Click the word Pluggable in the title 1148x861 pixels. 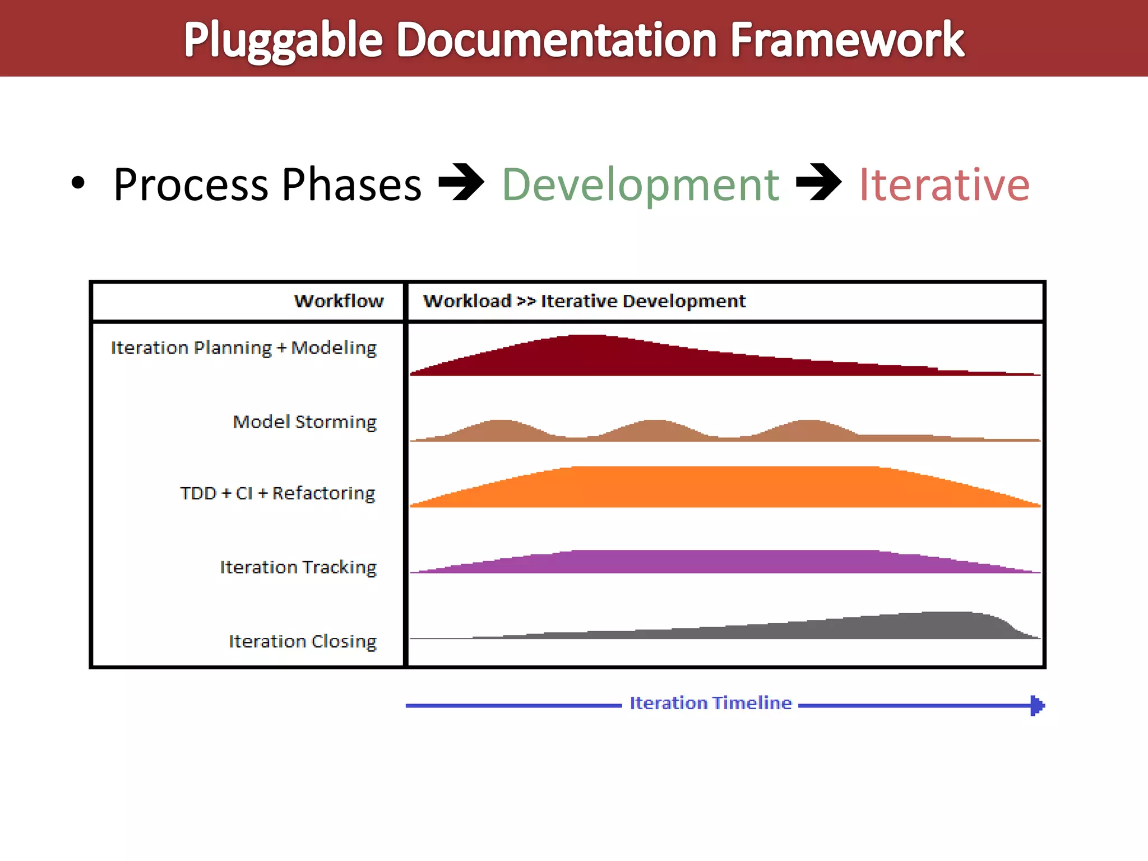click(x=283, y=40)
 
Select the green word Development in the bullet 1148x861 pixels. click(x=640, y=185)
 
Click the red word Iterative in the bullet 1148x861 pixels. click(x=944, y=185)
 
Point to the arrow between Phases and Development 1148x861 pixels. click(x=461, y=182)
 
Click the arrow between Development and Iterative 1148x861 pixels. click(x=818, y=182)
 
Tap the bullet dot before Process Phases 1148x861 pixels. click(x=78, y=183)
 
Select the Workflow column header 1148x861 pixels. click(x=339, y=301)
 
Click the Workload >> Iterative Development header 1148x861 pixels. click(x=584, y=301)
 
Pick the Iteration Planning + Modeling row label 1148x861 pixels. click(x=243, y=348)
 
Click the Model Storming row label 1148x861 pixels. click(x=304, y=422)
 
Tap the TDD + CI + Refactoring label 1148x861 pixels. click(x=277, y=493)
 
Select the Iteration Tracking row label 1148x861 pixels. click(x=298, y=567)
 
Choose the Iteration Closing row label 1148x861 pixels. click(x=302, y=641)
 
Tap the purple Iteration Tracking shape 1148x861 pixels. click(x=723, y=562)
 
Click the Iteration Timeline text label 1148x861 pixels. click(x=710, y=703)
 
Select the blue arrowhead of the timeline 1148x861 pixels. click(x=1037, y=705)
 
